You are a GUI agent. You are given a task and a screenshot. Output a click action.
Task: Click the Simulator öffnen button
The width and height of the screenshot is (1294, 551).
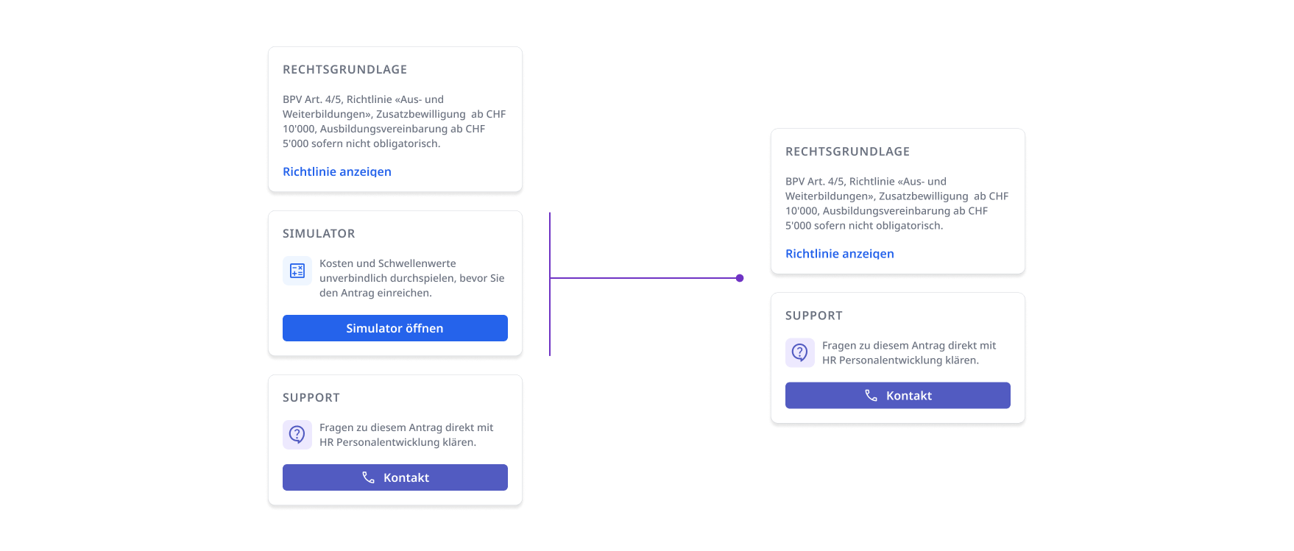point(395,328)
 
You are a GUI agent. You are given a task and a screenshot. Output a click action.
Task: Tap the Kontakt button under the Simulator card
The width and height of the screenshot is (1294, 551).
point(395,477)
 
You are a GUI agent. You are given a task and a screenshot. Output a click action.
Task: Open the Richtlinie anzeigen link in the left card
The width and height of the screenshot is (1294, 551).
point(337,171)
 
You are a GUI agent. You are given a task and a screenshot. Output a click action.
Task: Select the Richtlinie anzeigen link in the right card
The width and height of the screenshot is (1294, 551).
point(840,254)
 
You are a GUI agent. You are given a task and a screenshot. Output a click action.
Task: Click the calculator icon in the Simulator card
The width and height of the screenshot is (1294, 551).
point(297,271)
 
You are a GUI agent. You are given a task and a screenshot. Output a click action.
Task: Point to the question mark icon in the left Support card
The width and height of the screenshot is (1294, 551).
point(297,435)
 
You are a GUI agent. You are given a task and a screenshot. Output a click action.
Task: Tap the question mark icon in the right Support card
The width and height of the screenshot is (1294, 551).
point(800,353)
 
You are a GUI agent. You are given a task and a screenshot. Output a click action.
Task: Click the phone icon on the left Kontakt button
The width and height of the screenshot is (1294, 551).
point(369,477)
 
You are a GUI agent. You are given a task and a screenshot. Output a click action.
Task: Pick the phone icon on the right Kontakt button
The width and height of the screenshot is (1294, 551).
point(871,396)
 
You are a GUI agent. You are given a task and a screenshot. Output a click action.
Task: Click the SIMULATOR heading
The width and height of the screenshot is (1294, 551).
point(319,234)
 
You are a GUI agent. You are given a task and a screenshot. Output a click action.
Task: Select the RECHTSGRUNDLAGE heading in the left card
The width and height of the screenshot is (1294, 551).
point(345,70)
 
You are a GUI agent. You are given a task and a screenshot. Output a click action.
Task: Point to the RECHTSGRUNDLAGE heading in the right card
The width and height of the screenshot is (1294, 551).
point(848,152)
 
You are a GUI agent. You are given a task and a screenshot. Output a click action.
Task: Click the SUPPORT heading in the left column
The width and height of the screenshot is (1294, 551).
point(311,398)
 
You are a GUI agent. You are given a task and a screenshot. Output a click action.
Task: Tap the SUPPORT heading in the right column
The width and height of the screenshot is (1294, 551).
point(814,316)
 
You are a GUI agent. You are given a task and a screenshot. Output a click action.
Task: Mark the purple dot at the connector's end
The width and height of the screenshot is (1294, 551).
point(740,278)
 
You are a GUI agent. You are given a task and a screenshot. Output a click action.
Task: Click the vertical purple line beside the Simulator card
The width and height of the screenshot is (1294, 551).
point(550,284)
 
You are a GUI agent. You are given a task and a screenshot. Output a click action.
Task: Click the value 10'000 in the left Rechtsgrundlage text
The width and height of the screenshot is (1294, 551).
point(298,129)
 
